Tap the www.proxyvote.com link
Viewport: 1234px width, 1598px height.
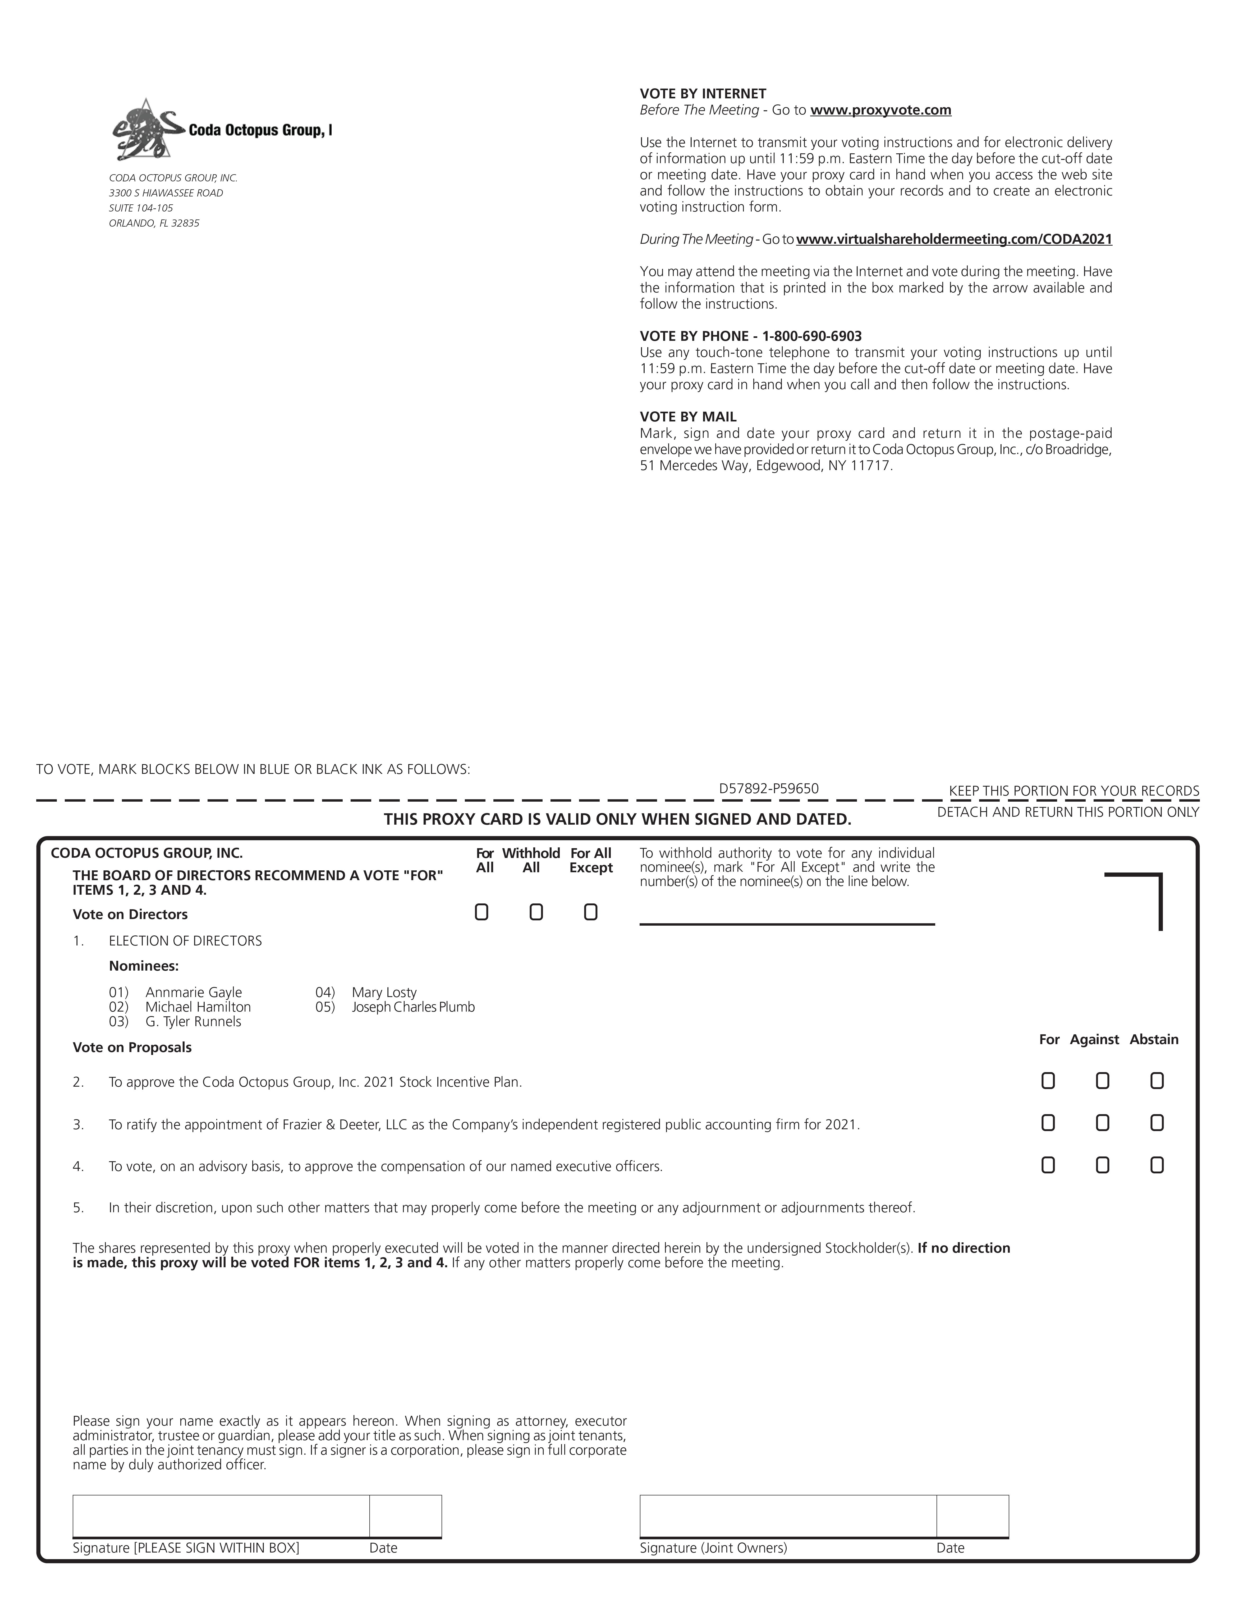[x=880, y=111]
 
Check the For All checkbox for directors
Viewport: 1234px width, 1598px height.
[x=481, y=912]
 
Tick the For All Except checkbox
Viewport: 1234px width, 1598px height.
[x=591, y=912]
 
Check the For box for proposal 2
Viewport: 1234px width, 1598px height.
[x=1048, y=1081]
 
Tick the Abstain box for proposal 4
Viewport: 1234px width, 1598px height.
[x=1157, y=1165]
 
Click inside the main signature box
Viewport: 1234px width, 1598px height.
[x=221, y=1515]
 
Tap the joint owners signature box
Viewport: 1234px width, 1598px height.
[x=787, y=1515]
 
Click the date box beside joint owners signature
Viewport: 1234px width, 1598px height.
[x=972, y=1515]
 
